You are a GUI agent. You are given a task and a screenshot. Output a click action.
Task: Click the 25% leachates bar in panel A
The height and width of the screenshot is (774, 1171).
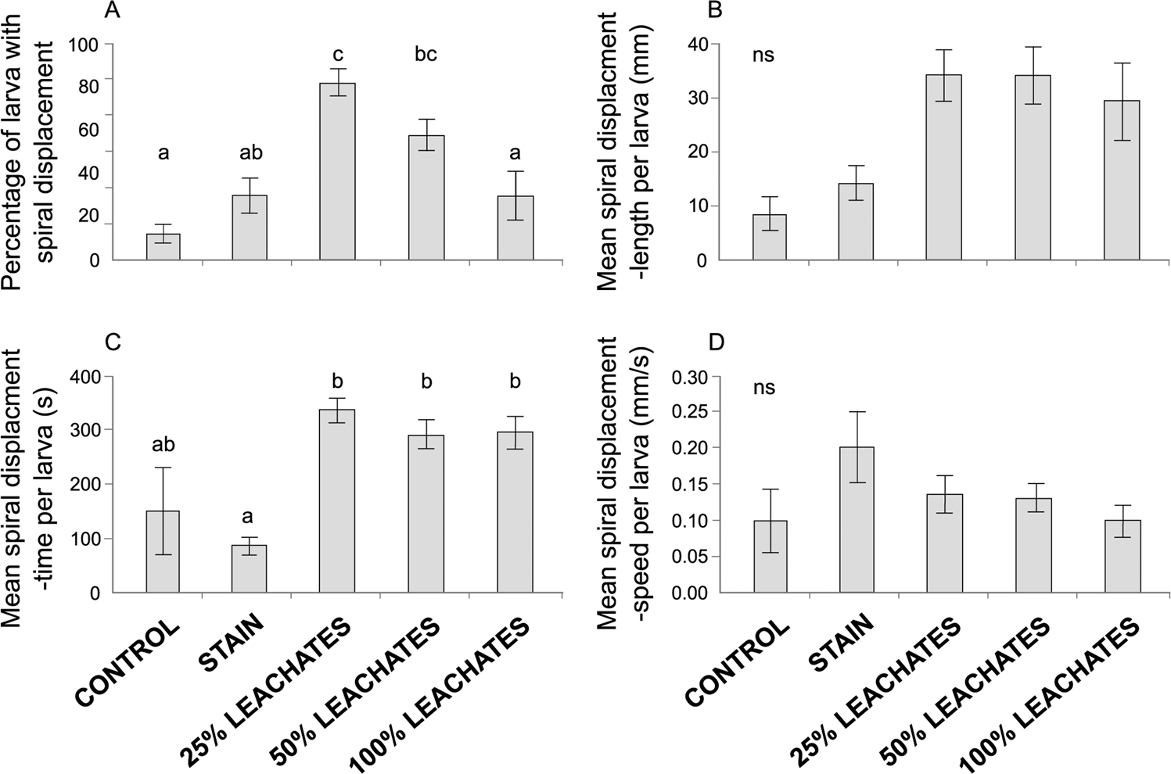click(x=337, y=171)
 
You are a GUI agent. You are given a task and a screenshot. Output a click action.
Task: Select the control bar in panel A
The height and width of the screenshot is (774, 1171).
click(x=163, y=246)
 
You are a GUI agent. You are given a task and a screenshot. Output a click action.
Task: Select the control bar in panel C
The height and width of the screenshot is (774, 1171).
click(x=163, y=551)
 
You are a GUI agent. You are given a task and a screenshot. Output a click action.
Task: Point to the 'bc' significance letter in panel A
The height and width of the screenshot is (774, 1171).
click(x=426, y=55)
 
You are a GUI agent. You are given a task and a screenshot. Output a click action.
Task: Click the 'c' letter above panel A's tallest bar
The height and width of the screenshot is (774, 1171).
click(x=337, y=55)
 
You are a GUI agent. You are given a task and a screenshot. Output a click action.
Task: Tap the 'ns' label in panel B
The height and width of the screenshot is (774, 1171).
click(x=763, y=56)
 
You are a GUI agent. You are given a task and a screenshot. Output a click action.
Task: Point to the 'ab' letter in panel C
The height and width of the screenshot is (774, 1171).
click(x=163, y=445)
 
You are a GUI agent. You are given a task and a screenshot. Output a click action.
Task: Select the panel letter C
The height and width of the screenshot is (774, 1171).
click(x=113, y=343)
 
